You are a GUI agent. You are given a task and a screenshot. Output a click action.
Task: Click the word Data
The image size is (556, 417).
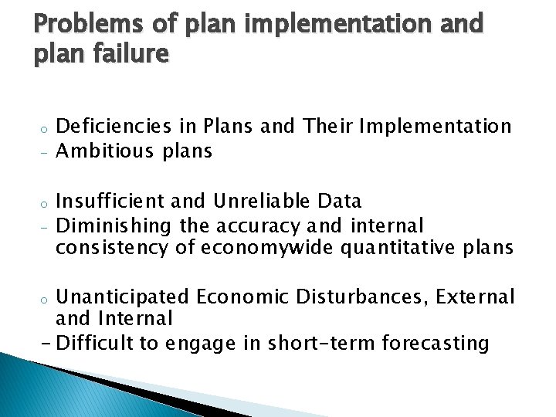point(340,202)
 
